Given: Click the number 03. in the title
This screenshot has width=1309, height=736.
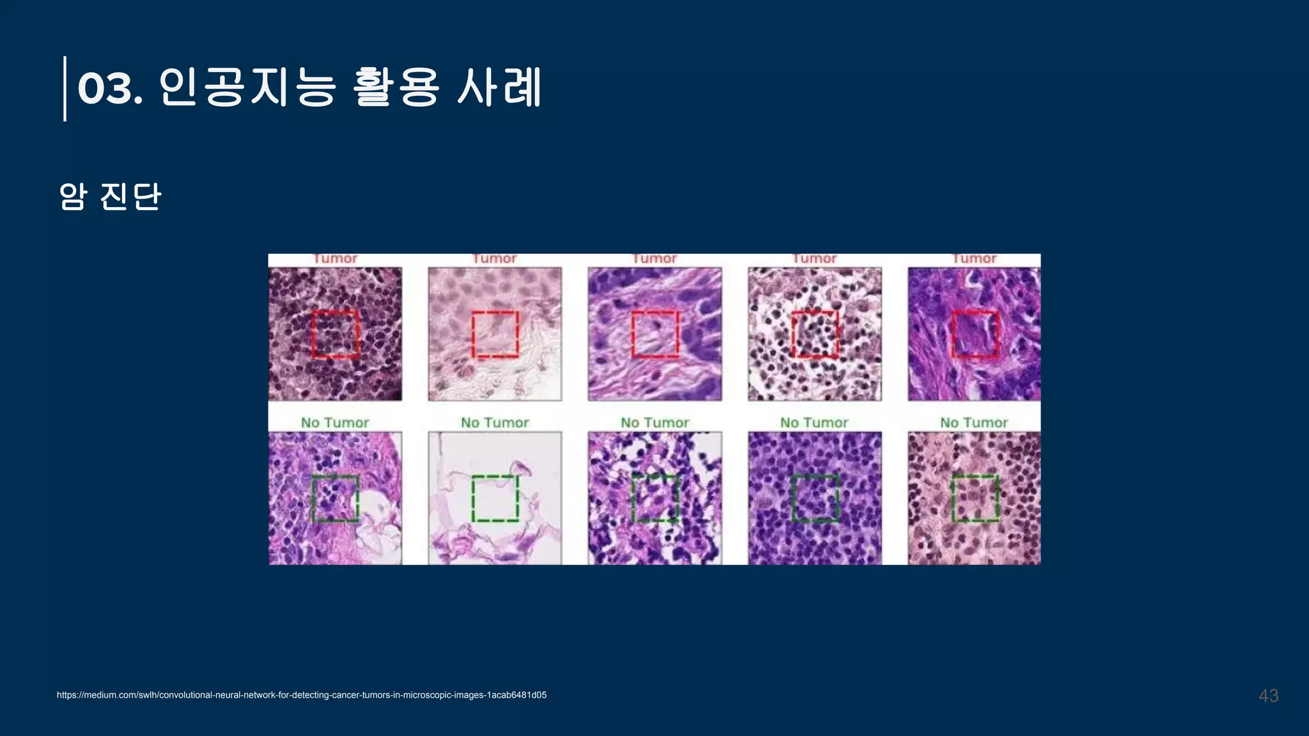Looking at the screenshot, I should pyautogui.click(x=109, y=88).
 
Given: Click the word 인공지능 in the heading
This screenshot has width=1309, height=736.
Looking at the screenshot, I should pyautogui.click(x=247, y=88).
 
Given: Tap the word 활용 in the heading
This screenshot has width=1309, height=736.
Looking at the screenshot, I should pyautogui.click(x=396, y=88).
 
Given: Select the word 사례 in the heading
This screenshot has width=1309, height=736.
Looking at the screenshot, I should pyautogui.click(x=499, y=88).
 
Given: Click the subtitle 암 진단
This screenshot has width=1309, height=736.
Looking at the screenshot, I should pyautogui.click(x=110, y=196).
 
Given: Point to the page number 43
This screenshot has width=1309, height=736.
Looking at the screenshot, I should pyautogui.click(x=1268, y=696).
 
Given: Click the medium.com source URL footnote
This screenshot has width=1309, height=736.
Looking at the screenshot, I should pyautogui.click(x=302, y=695).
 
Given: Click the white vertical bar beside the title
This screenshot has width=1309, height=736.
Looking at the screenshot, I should pyautogui.click(x=65, y=88).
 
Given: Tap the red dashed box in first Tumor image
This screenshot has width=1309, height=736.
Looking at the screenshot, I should pyautogui.click(x=336, y=334).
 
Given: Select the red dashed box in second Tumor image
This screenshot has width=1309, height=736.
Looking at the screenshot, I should pyautogui.click(x=495, y=334).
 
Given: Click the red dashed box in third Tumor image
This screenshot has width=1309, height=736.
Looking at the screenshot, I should pyautogui.click(x=655, y=334).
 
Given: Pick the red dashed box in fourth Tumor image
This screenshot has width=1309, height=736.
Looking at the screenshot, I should pyautogui.click(x=815, y=334).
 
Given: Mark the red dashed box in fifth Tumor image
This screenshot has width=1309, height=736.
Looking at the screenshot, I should pyautogui.click(x=975, y=334).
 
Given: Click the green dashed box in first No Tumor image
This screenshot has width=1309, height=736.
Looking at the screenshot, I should pyautogui.click(x=336, y=498).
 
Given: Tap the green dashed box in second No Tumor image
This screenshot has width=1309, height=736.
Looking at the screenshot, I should pyautogui.click(x=495, y=498).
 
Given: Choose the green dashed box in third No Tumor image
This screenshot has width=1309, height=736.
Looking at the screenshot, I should pyautogui.click(x=655, y=498).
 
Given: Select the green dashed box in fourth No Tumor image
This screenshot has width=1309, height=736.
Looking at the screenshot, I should pyautogui.click(x=815, y=498).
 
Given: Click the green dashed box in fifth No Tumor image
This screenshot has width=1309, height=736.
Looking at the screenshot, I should pyautogui.click(x=975, y=498).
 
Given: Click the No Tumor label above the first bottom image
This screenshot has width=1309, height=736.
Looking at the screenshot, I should pyautogui.click(x=335, y=422).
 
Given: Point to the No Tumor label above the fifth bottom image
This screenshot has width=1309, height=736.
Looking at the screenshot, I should pyautogui.click(x=973, y=422).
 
